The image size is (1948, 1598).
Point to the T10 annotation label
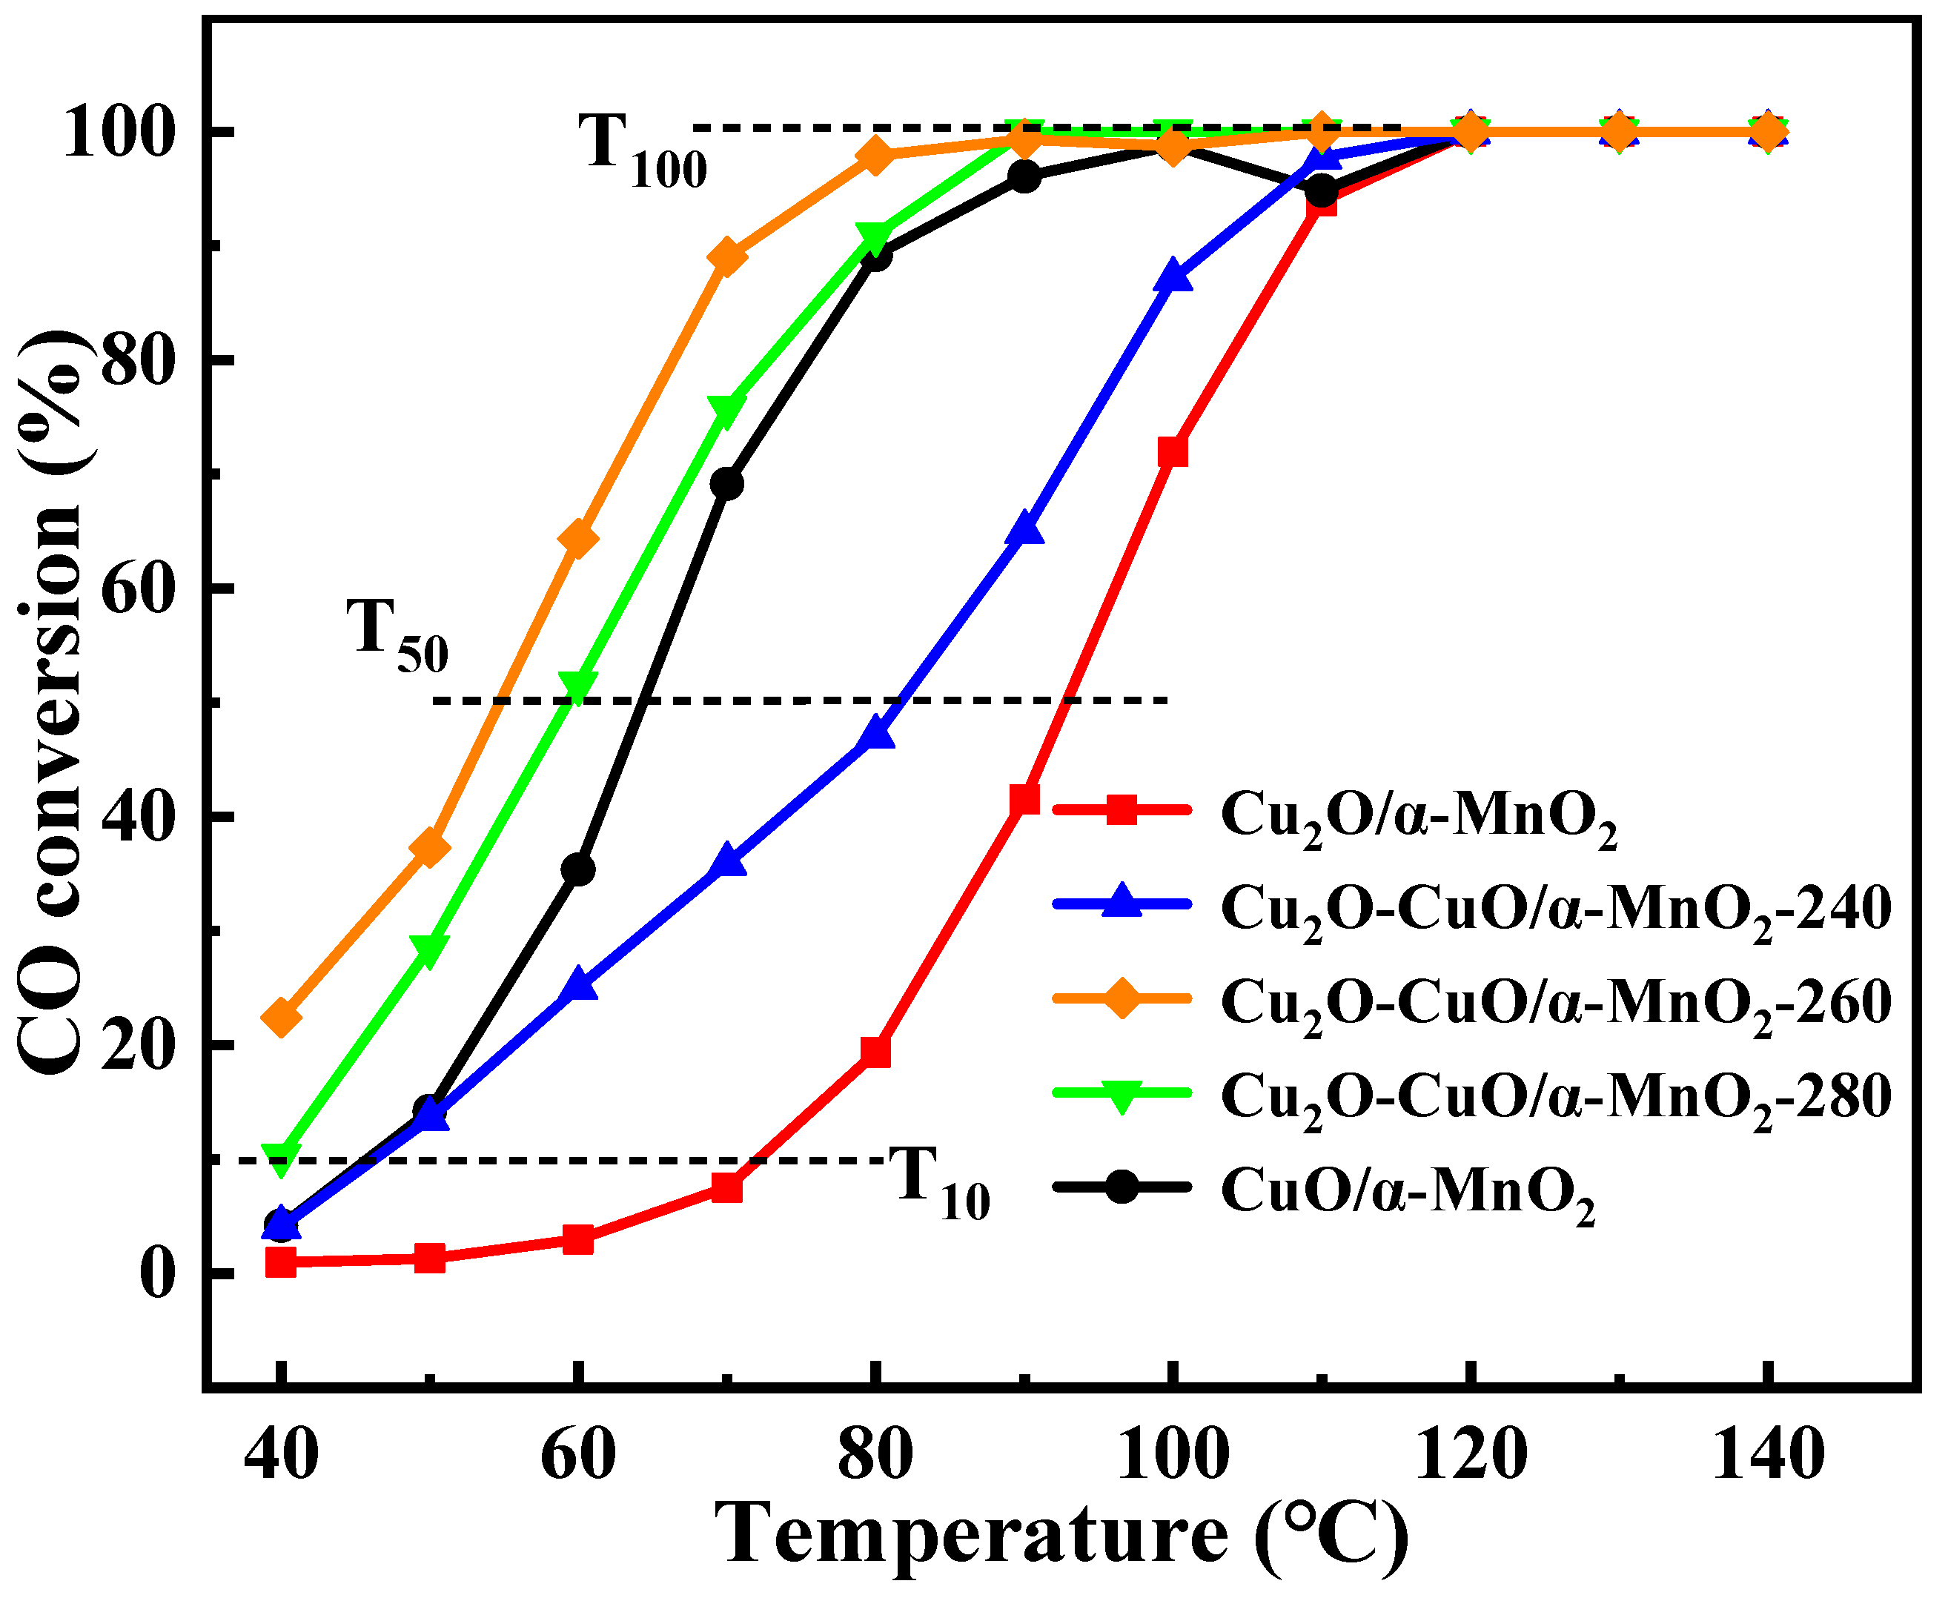[x=940, y=1183]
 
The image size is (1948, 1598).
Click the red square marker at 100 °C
[x=1172, y=452]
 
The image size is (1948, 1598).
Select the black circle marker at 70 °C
[x=727, y=483]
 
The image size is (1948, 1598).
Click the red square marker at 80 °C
[x=875, y=1051]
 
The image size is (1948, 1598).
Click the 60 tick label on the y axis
[x=138, y=589]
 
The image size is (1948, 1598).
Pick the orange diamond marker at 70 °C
[x=727, y=256]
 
